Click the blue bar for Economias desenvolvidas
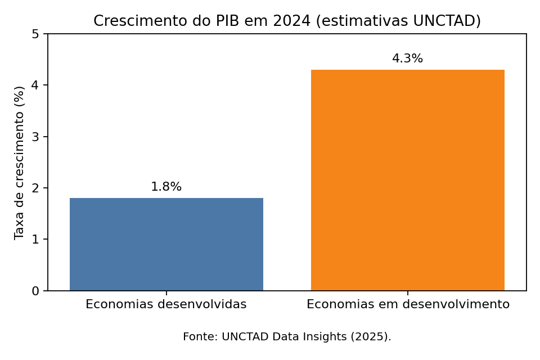tap(166, 244)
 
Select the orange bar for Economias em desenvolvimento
tap(407, 180)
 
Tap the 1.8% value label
tap(166, 187)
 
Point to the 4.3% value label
tap(407, 59)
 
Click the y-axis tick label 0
tap(35, 291)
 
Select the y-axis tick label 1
tap(35, 240)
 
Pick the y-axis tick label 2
tap(35, 188)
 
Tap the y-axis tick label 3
tap(35, 137)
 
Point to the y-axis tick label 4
tap(35, 85)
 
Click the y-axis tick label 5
tap(35, 34)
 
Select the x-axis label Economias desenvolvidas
tap(166, 305)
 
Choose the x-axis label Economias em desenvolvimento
tap(408, 305)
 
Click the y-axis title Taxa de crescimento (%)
tap(20, 163)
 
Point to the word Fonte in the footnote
tap(198, 337)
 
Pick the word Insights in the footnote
tap(327, 337)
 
